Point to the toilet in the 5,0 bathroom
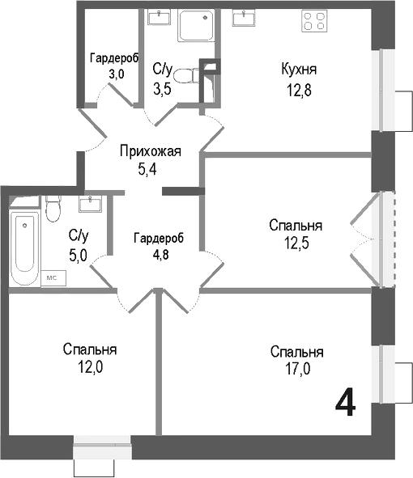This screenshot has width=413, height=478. pos(53,209)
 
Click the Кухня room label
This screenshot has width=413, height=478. pos(299,69)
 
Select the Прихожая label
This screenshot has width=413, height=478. pos(149,151)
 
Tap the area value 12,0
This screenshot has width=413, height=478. pos(91,366)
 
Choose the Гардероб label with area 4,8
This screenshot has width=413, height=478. pos(159,238)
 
